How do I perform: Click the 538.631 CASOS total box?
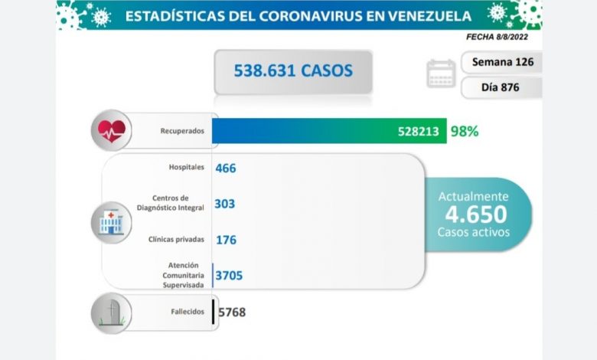click(293, 71)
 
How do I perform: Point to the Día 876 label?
click(501, 87)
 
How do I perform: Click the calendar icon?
click(441, 74)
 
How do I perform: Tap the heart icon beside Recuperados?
click(110, 131)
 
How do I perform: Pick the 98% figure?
click(464, 131)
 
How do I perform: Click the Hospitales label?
click(187, 167)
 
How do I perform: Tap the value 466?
click(226, 167)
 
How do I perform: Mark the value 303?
click(225, 204)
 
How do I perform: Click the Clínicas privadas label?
click(177, 239)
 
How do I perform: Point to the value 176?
click(226, 240)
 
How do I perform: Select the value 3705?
click(230, 274)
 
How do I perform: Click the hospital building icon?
click(111, 222)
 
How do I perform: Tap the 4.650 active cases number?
click(473, 214)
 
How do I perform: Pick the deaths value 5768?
click(232, 312)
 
